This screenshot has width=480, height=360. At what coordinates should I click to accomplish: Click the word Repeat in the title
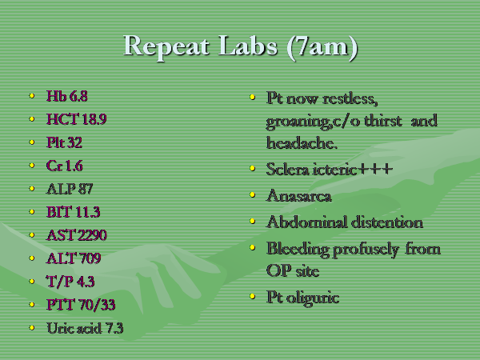click(x=166, y=46)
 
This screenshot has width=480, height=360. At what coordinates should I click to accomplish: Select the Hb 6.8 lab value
click(x=67, y=96)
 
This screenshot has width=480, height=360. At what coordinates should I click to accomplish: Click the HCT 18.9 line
click(x=77, y=119)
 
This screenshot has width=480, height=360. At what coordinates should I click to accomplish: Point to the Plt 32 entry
click(x=64, y=142)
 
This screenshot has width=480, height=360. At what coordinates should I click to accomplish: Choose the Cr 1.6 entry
click(x=65, y=166)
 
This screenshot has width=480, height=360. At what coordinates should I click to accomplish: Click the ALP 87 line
click(x=70, y=189)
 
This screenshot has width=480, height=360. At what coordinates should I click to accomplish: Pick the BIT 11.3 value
click(x=73, y=212)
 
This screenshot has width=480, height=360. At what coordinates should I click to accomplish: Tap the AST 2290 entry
click(x=77, y=235)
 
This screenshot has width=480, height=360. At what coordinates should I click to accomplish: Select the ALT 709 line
click(x=74, y=258)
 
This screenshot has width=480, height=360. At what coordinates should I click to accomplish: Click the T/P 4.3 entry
click(x=70, y=282)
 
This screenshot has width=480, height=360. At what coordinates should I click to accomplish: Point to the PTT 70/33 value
click(x=81, y=305)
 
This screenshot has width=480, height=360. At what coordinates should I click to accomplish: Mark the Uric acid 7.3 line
click(x=85, y=328)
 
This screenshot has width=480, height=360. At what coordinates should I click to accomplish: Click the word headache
click(x=302, y=143)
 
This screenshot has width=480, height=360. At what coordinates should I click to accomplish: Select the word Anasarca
click(x=299, y=195)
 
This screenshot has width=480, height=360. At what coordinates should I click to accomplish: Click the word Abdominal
click(x=307, y=222)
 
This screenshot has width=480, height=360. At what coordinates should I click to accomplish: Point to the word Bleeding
click(x=298, y=249)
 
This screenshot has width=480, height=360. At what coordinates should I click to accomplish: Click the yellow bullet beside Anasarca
click(x=252, y=194)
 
